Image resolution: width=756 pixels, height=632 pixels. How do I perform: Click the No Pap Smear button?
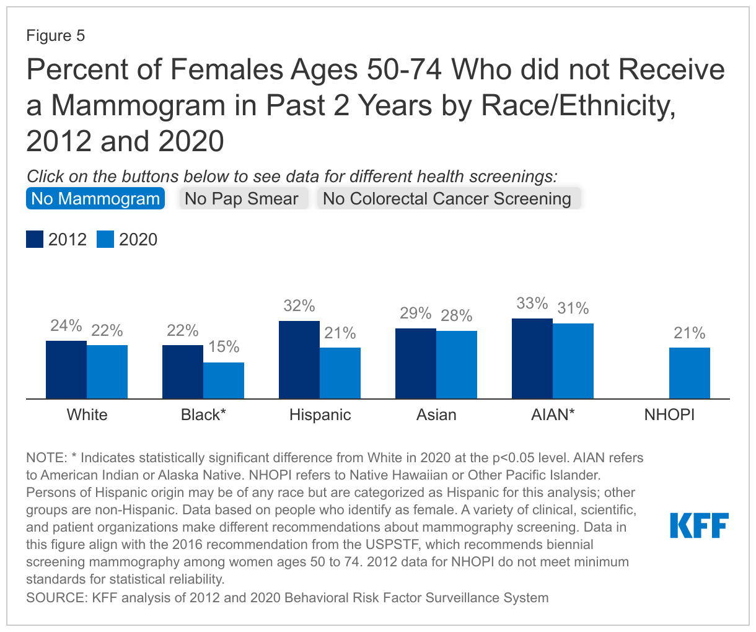coord(242,199)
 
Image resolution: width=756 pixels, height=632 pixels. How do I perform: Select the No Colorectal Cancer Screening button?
coord(447,199)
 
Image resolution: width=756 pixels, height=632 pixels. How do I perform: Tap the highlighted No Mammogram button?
coord(95,199)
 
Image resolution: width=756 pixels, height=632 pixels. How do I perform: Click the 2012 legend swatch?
coord(35,240)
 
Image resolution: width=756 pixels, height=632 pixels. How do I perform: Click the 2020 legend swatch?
coord(105,240)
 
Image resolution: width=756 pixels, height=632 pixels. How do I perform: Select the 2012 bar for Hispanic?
coord(299,360)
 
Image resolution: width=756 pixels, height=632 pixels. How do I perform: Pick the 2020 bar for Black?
coord(224,380)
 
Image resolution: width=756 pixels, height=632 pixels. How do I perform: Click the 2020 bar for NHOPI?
coord(690,373)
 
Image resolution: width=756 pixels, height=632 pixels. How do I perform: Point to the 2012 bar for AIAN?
coord(532,359)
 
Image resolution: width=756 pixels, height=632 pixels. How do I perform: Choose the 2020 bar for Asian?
coord(457,365)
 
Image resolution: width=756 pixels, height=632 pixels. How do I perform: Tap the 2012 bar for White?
coord(66,370)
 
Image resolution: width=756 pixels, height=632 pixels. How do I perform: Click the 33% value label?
coord(532,304)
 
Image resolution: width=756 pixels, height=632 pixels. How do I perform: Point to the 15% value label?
coord(224,347)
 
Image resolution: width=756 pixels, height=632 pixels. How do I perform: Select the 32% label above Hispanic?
coord(299,306)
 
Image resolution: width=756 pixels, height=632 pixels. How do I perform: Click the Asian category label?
coord(436,415)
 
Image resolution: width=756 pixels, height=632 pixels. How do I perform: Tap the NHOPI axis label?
coord(669,415)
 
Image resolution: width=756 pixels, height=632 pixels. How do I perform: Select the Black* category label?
coord(203,415)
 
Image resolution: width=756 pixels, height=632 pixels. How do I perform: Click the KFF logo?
coord(699,525)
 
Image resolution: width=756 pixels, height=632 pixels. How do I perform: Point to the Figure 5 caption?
coord(56,36)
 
